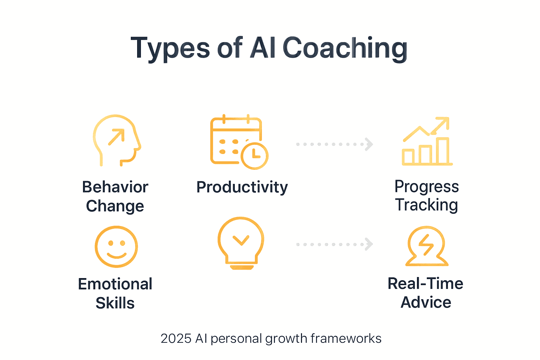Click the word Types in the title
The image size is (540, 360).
tap(170, 49)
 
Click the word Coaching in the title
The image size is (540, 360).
tap(345, 49)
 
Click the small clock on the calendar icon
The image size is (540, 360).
tap(255, 156)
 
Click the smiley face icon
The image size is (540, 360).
tap(116, 247)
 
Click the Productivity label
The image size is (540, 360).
tap(242, 187)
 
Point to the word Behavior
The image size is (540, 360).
tap(115, 187)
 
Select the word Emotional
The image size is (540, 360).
tap(115, 284)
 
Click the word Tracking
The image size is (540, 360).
tap(426, 205)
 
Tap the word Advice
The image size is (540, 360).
tap(426, 302)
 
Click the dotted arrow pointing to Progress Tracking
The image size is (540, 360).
tap(334, 144)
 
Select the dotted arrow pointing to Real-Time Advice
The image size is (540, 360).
tap(334, 244)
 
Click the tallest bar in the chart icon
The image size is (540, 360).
tap(443, 151)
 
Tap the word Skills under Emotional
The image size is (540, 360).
tap(115, 303)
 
